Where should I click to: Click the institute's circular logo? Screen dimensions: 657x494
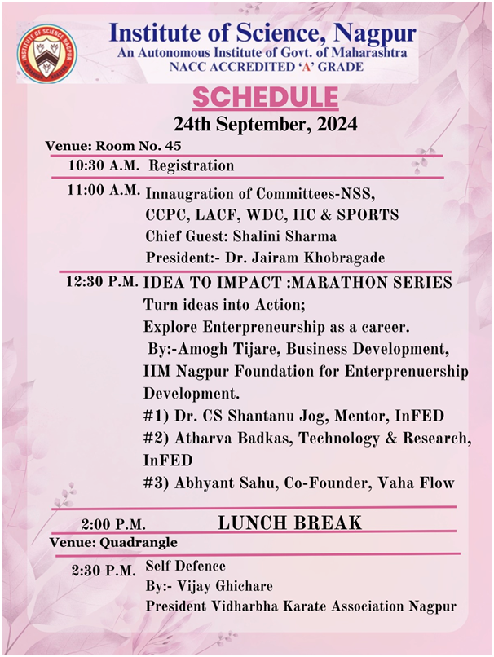click(x=49, y=55)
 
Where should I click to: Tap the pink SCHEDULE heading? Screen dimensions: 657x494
click(x=265, y=98)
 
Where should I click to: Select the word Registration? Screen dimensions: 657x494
click(x=192, y=165)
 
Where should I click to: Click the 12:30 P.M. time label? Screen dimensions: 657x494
click(x=103, y=283)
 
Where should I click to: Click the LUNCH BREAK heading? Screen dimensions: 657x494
click(x=289, y=523)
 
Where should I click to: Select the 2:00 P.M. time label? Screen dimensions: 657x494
click(x=113, y=524)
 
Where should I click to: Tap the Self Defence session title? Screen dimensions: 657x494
click(x=186, y=566)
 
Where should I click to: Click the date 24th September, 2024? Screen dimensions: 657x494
click(x=265, y=125)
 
